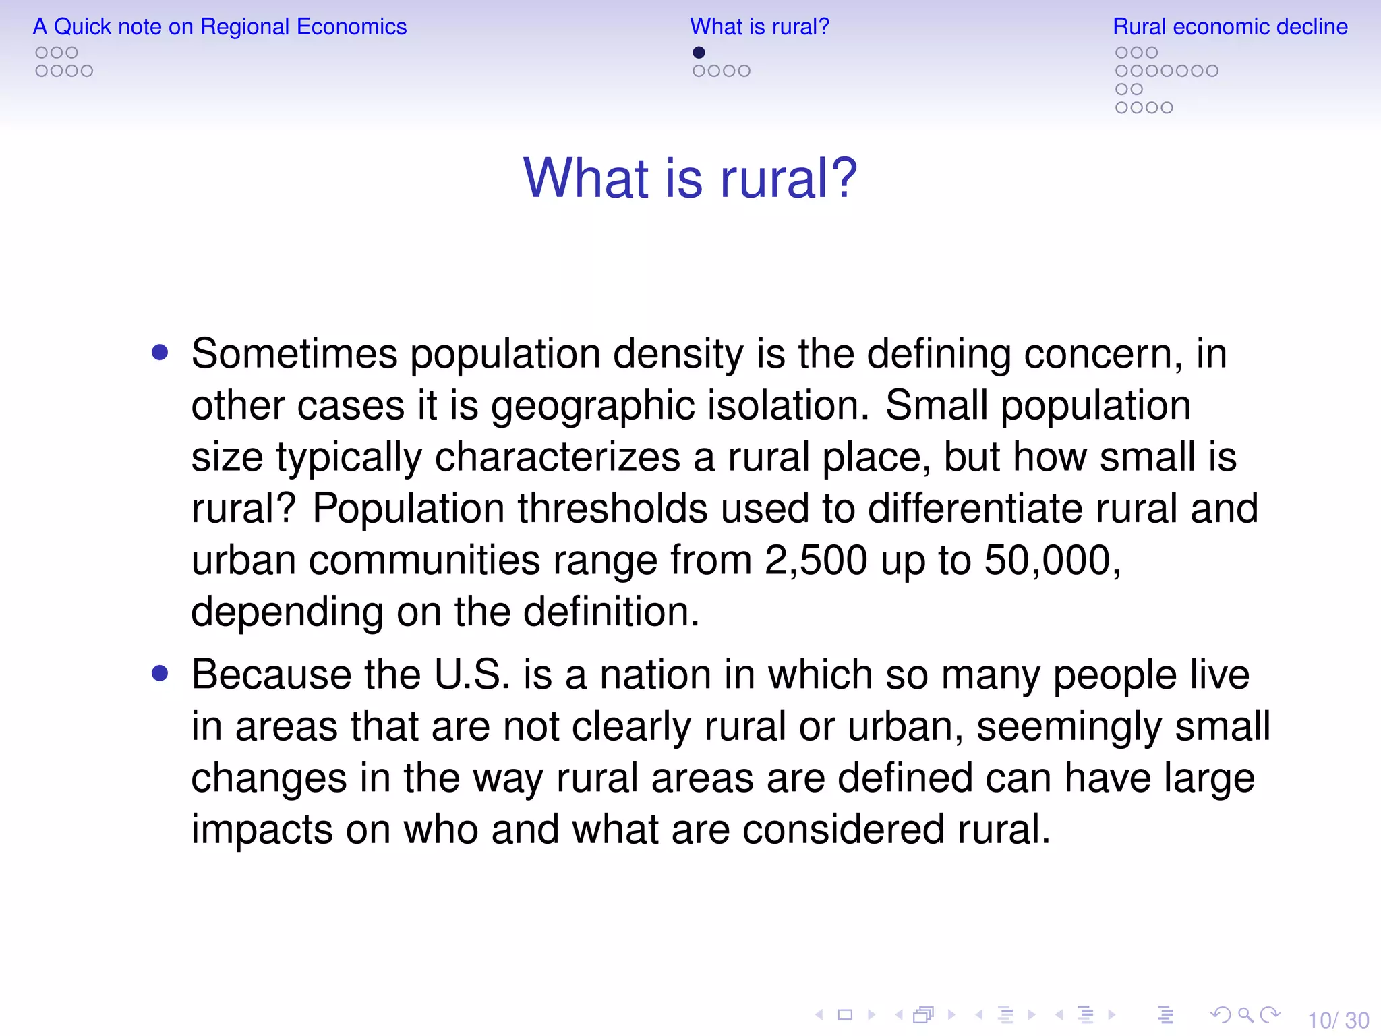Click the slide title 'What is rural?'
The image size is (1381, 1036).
click(690, 178)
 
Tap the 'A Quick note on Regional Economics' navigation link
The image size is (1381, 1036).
click(220, 27)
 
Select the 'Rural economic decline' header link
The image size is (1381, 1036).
click(1230, 27)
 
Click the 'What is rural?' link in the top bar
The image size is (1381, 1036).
click(759, 27)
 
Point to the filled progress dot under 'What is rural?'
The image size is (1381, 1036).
click(699, 53)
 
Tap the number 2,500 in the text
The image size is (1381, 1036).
click(815, 560)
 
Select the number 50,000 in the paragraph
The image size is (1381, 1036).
click(1051, 560)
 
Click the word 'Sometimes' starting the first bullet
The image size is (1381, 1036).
click(295, 353)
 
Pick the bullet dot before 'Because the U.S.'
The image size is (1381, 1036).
click(160, 673)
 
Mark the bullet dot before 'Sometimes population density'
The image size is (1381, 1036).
click(160, 352)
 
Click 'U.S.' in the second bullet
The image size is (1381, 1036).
click(472, 674)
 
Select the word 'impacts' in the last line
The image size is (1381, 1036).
click(262, 830)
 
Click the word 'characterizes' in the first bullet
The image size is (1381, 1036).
click(557, 457)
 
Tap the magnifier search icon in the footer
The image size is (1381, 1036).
click(1245, 1014)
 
